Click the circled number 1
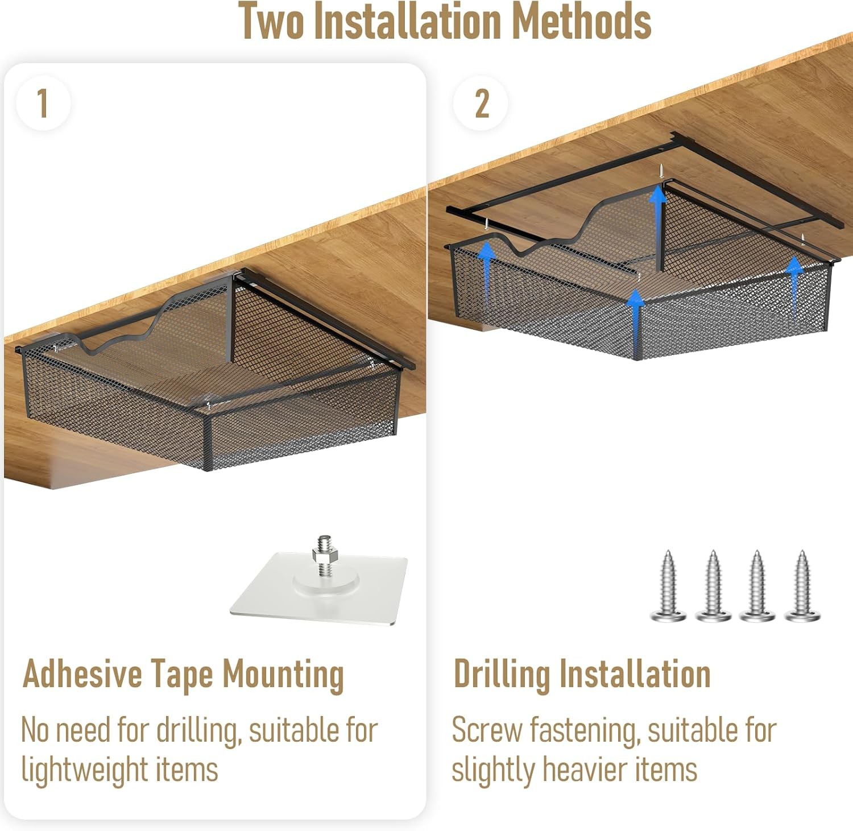(43, 103)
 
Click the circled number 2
(481, 103)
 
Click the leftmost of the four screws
(668, 585)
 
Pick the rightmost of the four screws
(802, 585)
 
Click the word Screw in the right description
(487, 730)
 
